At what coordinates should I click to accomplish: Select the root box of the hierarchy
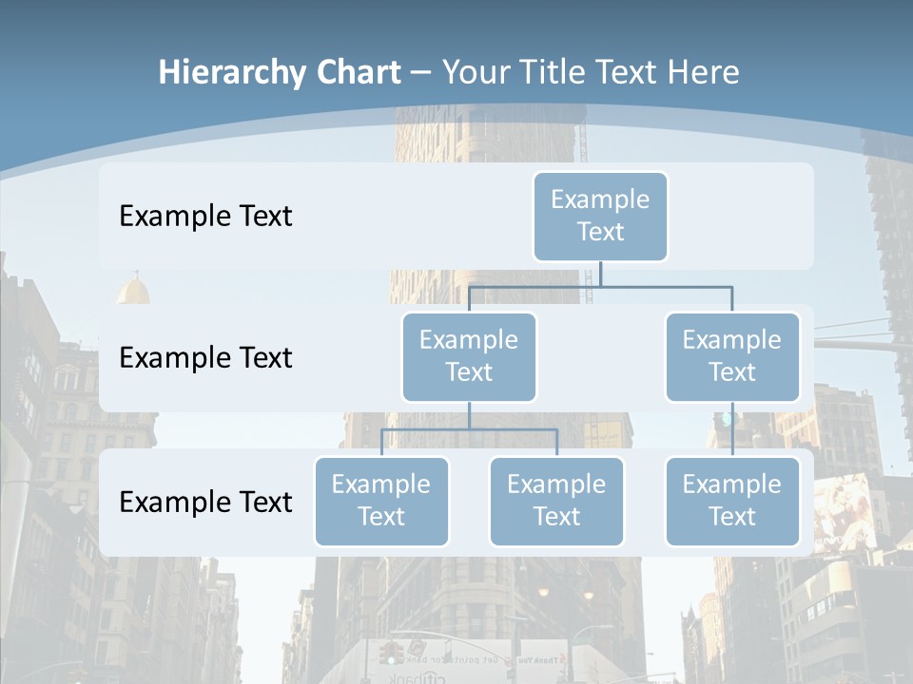[600, 217]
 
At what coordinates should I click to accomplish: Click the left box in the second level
[469, 357]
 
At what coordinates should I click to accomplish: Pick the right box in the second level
[732, 357]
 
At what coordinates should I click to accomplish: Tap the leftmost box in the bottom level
[381, 502]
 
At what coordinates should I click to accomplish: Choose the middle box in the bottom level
[556, 502]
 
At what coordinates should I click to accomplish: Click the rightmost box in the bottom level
[732, 502]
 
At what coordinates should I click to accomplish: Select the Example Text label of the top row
[205, 217]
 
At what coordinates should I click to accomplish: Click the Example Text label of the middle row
[205, 358]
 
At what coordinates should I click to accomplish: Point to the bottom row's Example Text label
[205, 502]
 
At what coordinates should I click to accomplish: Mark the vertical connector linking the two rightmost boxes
[732, 429]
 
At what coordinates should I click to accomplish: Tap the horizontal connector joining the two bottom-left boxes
[469, 429]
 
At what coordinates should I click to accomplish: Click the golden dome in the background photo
[133, 289]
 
